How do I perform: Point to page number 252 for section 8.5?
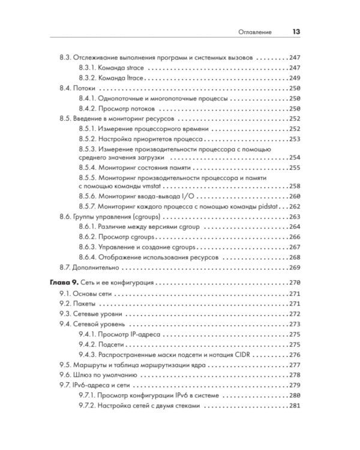pyautogui.click(x=294, y=119)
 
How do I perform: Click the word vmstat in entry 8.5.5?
pyautogui.click(x=155, y=186)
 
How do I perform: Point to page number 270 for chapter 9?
pyautogui.click(x=294, y=282)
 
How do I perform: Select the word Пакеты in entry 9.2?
pyautogui.click(x=85, y=304)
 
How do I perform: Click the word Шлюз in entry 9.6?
pyautogui.click(x=82, y=375)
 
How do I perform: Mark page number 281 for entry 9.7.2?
pyautogui.click(x=294, y=406)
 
